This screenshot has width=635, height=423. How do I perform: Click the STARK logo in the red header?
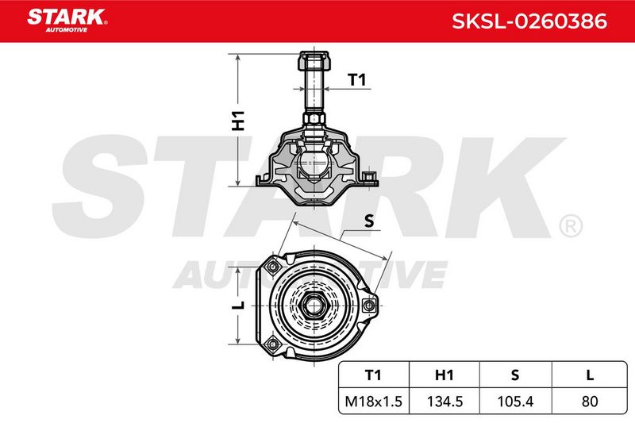tap(67, 20)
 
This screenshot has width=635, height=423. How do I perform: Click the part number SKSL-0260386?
tap(529, 21)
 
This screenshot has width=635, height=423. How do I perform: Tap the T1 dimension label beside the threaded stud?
tap(356, 79)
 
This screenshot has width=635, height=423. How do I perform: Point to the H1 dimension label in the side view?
tap(238, 120)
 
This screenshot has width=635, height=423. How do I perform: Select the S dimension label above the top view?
tap(369, 221)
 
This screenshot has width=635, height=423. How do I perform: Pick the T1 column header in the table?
tap(373, 375)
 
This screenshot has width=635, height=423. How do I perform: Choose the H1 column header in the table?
tap(444, 375)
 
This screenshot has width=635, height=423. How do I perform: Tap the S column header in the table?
tap(514, 375)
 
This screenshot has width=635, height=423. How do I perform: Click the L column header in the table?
tap(590, 375)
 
